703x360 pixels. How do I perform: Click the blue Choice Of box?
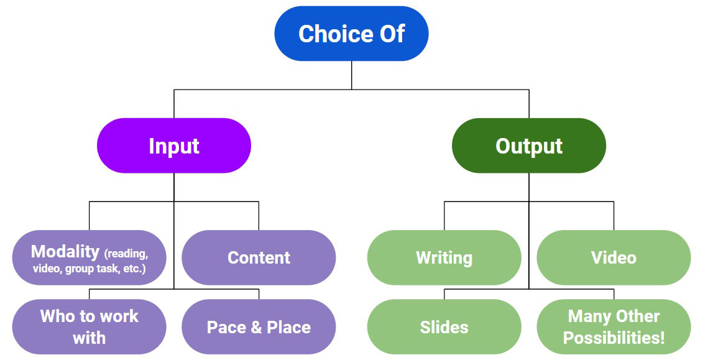(351, 34)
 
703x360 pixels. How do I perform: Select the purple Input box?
(174, 145)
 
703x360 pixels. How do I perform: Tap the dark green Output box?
(529, 145)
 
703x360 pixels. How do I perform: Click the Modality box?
(90, 258)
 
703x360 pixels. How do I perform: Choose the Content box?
(259, 258)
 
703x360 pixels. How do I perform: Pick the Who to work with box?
(90, 326)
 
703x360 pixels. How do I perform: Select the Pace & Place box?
(259, 327)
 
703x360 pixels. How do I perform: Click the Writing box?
(444, 258)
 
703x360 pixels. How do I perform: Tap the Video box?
(613, 258)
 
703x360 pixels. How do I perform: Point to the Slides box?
(444, 327)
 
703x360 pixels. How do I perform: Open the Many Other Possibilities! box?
(613, 326)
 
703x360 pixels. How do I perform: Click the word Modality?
(65, 251)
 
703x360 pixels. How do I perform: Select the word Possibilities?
(613, 338)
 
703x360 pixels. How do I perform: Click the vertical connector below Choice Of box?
(351, 75)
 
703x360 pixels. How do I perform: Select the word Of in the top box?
(392, 34)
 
